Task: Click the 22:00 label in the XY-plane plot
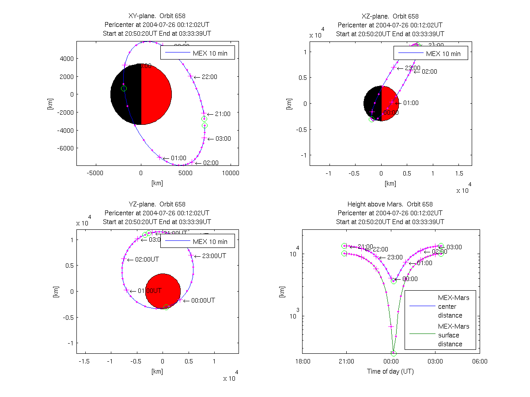209,77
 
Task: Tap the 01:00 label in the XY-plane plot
178,158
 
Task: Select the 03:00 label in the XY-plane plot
223,139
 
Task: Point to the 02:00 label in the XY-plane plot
211,163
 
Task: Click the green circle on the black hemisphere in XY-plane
124,89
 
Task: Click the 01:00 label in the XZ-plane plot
411,103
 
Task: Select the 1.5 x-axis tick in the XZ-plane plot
459,173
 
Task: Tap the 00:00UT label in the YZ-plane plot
203,300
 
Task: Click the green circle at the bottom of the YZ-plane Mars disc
166,307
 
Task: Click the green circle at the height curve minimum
394,353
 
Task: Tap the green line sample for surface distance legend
421,335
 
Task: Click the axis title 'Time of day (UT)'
390,371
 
